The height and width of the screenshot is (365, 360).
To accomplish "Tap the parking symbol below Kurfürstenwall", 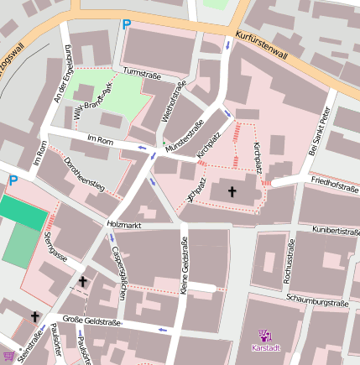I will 127,25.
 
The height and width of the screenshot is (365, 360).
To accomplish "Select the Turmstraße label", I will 141,74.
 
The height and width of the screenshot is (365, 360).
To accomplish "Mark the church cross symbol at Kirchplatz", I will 232,192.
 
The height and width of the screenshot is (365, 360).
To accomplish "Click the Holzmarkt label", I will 124,224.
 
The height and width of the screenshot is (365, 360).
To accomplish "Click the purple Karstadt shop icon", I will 264,335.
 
